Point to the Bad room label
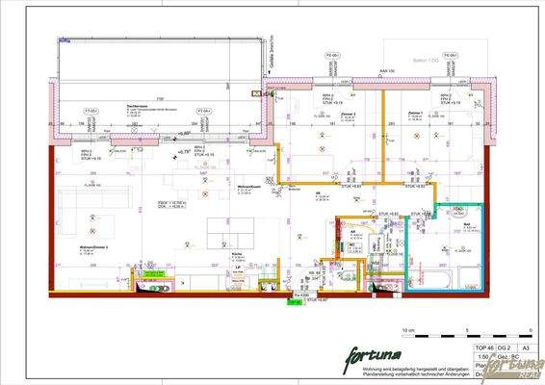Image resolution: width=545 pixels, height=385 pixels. point(466,223)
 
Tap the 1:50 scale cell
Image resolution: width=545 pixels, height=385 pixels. point(480,354)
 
